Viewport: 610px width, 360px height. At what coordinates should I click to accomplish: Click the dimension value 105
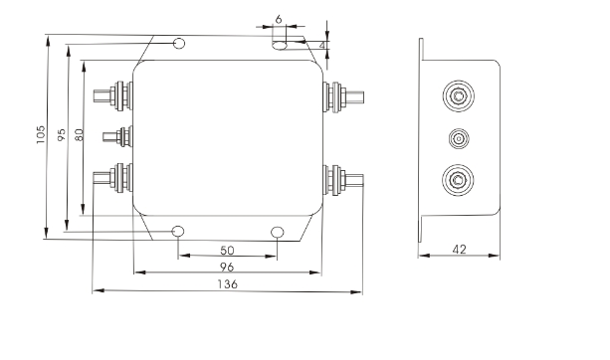[41, 134]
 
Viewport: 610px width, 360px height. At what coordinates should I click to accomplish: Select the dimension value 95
[62, 135]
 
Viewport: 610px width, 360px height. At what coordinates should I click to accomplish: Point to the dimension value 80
[79, 134]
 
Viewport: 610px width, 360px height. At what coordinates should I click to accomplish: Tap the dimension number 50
[227, 251]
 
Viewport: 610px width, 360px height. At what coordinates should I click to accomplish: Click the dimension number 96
[227, 268]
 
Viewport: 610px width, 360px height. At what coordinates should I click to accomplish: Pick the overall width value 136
[228, 284]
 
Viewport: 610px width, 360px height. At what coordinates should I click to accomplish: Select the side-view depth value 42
[460, 250]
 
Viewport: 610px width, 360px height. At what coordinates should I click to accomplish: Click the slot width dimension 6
[279, 19]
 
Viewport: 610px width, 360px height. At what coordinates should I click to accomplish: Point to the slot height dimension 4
[322, 46]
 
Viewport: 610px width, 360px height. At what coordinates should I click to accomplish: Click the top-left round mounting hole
[178, 43]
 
